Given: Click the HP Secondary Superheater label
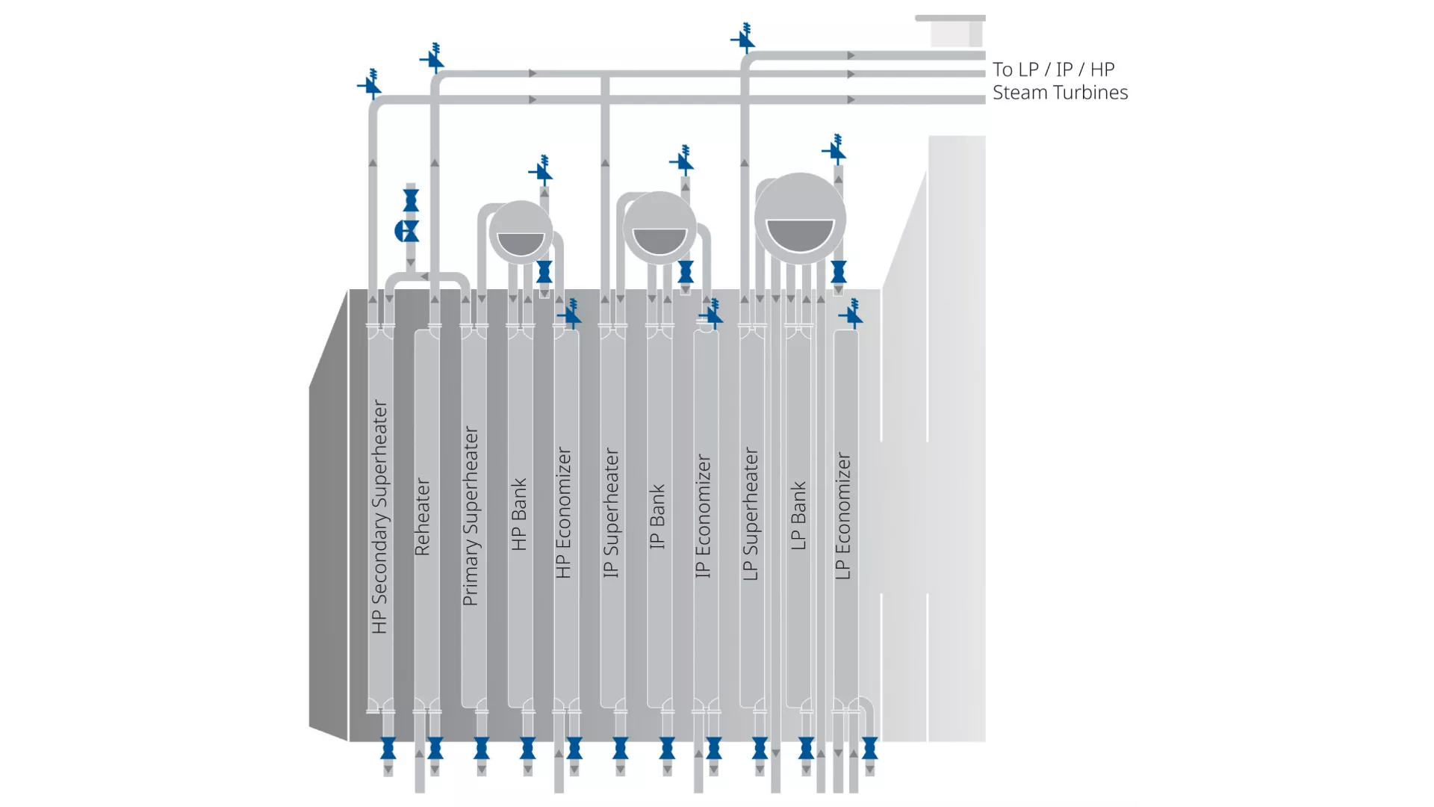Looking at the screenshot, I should pyautogui.click(x=380, y=517).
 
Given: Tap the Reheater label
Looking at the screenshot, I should pyautogui.click(x=423, y=517).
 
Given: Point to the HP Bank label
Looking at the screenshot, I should pyautogui.click(x=519, y=515).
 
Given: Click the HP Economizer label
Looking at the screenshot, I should pyautogui.click(x=564, y=513).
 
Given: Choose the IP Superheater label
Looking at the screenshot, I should pyautogui.click(x=611, y=513).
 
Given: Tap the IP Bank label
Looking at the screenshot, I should pyautogui.click(x=657, y=516).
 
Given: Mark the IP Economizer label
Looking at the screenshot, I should pyautogui.click(x=704, y=516).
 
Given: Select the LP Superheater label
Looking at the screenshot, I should pyautogui.click(x=751, y=514).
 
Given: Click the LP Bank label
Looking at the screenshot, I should pyautogui.click(x=798, y=516).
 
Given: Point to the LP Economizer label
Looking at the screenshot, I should pyautogui.click(x=843, y=516).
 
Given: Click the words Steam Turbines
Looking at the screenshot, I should pyautogui.click(x=1060, y=93).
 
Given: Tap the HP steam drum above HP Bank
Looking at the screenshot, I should pyautogui.click(x=521, y=232).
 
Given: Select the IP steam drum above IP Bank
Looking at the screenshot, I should pyautogui.click(x=659, y=227).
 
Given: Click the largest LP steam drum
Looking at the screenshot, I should pyautogui.click(x=800, y=218).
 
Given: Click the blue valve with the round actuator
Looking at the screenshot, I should pyautogui.click(x=407, y=231).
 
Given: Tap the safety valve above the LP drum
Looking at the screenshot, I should pyautogui.click(x=835, y=150).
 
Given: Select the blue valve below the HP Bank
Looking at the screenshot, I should pyautogui.click(x=528, y=747).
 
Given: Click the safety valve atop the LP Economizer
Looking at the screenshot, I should pyautogui.click(x=851, y=315).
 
